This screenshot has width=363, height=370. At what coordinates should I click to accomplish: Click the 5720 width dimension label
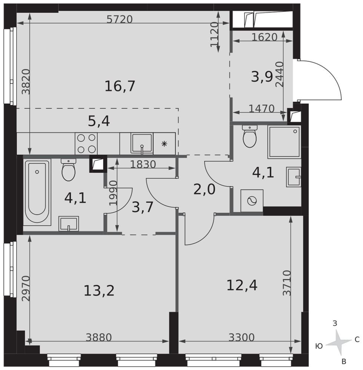click(120, 19)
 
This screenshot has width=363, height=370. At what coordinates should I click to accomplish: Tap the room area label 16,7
click(120, 86)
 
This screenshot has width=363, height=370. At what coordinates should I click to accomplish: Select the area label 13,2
click(99, 290)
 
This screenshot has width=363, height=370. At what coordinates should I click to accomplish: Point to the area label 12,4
click(242, 285)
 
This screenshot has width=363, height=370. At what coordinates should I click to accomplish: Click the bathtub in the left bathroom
click(37, 192)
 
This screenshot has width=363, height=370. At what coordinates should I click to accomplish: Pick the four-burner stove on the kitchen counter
click(86, 144)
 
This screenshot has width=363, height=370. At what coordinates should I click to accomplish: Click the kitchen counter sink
click(142, 144)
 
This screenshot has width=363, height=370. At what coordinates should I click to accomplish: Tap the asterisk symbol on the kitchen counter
click(164, 144)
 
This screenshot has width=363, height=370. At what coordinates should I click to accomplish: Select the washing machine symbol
click(252, 201)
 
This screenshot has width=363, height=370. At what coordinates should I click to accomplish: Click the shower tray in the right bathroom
click(284, 142)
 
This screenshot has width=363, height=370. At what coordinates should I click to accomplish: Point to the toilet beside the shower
click(250, 137)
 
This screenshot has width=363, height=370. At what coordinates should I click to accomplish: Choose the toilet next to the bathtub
click(69, 170)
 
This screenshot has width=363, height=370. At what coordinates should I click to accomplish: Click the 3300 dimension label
click(242, 337)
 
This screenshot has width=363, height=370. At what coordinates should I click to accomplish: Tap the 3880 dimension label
click(99, 337)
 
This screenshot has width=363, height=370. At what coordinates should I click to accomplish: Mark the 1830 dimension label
click(143, 165)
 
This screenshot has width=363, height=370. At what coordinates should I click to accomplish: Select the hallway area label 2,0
click(204, 190)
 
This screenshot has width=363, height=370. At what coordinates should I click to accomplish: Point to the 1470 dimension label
click(262, 108)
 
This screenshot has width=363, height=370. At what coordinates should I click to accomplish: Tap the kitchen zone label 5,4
click(99, 121)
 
